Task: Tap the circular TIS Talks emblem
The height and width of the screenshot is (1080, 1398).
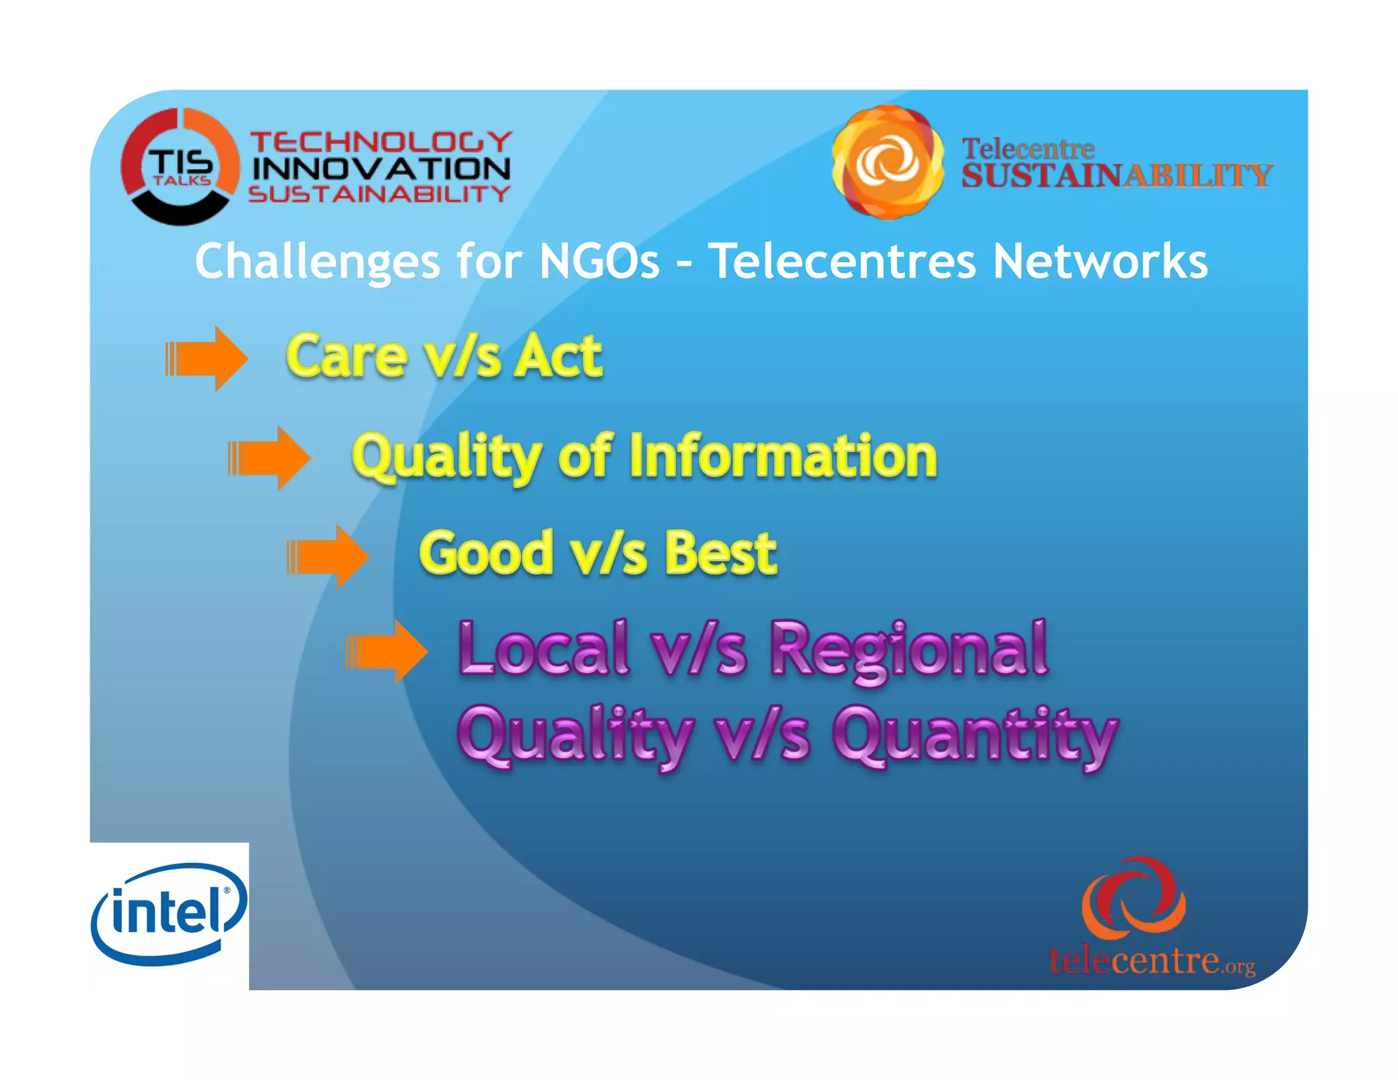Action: point(180,167)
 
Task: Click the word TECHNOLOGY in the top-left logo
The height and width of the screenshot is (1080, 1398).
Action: point(382,142)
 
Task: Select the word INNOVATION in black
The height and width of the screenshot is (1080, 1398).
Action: point(382,169)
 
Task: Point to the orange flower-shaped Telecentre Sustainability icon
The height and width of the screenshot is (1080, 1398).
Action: point(887,162)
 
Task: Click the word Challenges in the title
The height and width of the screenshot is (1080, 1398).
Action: point(317,261)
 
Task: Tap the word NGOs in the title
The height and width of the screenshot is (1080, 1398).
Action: point(599,261)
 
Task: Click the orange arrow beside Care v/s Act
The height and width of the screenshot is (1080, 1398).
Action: point(206,358)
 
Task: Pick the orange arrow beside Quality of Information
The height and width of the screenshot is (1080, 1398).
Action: point(269,457)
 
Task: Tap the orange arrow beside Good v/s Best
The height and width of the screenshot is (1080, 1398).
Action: point(328,556)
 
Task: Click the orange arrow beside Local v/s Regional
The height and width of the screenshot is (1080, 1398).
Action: point(386,652)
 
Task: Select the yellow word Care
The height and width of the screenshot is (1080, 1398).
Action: point(346,357)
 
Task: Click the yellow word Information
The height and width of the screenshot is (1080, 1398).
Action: point(783,456)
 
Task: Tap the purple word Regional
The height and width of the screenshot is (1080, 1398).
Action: point(909,650)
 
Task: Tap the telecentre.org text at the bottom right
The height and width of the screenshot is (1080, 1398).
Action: point(1152,961)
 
